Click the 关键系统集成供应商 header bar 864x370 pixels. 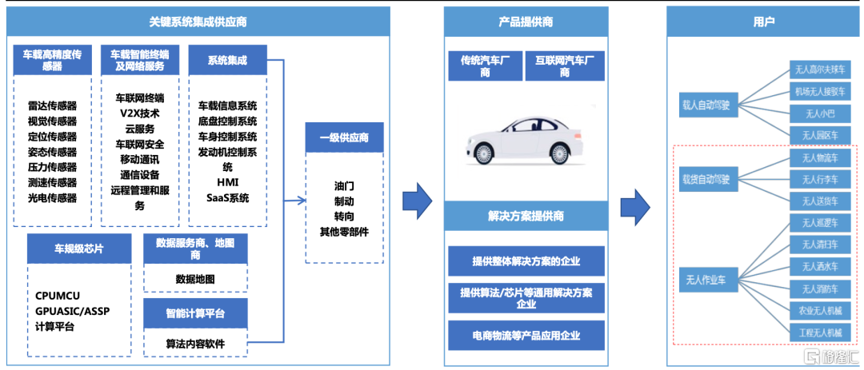(198, 22)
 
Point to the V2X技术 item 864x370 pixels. (139, 113)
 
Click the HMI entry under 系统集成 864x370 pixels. (227, 182)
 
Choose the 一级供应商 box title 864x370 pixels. (344, 137)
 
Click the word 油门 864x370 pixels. (344, 186)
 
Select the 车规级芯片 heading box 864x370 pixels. (78, 249)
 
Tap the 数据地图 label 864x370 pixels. (195, 279)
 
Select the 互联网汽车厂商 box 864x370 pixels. (565, 66)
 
